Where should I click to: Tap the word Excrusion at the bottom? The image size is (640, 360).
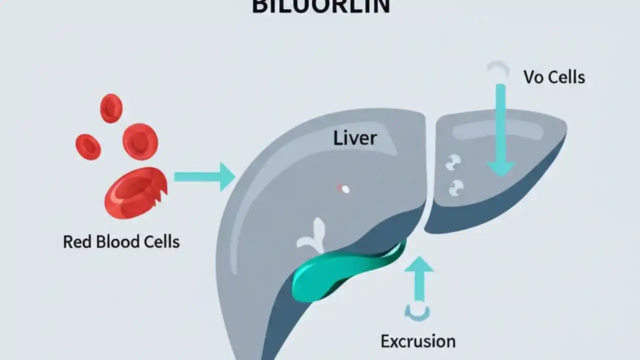point(418,341)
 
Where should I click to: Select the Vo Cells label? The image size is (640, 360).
point(554,77)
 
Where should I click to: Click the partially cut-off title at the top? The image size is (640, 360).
point(320,7)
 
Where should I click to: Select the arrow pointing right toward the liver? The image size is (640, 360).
point(204,176)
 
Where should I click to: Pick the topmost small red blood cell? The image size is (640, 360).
point(111,108)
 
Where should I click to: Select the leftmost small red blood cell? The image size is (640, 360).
point(88,146)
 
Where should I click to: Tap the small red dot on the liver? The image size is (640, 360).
point(343,189)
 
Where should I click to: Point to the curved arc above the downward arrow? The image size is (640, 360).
point(498,68)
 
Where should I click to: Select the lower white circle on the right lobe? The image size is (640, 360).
point(456,188)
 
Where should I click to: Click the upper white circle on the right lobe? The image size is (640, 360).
point(453,162)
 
